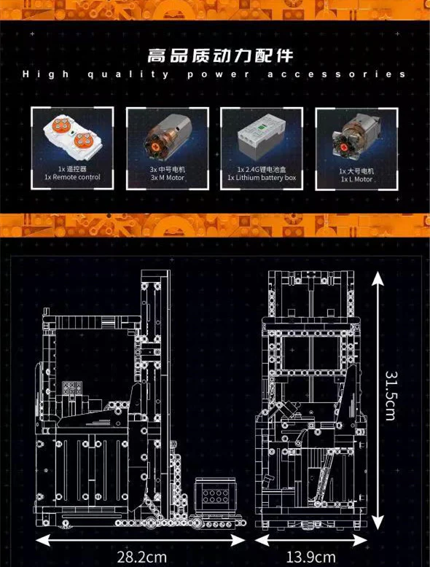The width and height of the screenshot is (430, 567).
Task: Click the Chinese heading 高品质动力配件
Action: click(220, 55)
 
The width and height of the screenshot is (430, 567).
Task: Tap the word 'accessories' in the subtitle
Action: click(336, 74)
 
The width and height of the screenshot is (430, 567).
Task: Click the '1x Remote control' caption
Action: click(72, 177)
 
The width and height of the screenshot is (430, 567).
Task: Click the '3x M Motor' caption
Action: click(168, 178)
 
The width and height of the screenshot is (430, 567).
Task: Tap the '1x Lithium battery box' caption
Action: click(262, 178)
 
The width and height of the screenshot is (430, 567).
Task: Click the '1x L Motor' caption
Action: click(356, 179)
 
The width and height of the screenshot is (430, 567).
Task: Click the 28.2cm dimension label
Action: click(141, 558)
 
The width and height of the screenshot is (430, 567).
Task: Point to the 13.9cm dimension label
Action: click(311, 558)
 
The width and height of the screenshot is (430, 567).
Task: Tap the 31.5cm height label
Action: click(390, 396)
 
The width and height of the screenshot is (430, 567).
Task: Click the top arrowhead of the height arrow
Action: click(378, 278)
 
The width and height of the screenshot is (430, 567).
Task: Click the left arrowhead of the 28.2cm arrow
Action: click(43, 541)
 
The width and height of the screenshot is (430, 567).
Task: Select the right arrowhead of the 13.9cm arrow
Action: click(360, 541)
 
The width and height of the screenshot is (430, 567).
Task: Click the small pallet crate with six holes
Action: click(215, 497)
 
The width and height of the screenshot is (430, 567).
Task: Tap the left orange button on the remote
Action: click(59, 125)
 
